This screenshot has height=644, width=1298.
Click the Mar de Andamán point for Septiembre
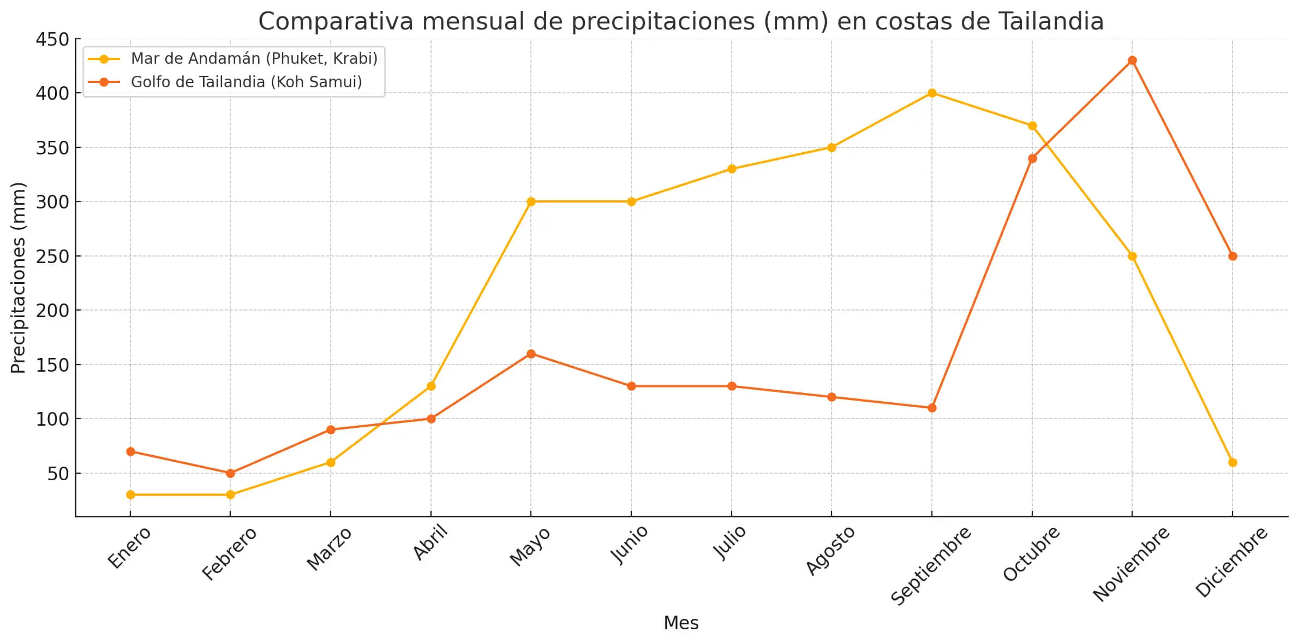tap(932, 93)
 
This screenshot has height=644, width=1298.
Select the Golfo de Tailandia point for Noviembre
tap(1132, 60)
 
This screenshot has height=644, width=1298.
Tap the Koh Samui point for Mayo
tap(531, 354)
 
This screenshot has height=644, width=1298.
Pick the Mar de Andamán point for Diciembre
tap(1233, 462)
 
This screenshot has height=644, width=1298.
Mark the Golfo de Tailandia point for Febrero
tap(230, 473)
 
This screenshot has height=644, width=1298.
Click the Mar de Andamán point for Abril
tap(431, 386)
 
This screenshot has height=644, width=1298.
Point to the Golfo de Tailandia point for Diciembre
tap(1233, 256)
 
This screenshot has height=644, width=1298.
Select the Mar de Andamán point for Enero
tap(130, 494)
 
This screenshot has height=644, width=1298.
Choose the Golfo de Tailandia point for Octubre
tap(1032, 158)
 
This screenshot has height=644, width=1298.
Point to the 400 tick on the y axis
tap(52, 93)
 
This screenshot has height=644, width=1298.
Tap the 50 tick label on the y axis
tap(58, 474)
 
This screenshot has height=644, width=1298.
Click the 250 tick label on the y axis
tap(52, 257)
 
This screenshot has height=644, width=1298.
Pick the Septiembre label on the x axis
tap(931, 565)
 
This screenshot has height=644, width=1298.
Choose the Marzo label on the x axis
tap(329, 549)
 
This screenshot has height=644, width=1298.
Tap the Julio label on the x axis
tap(729, 542)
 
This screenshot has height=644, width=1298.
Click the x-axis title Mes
tap(681, 623)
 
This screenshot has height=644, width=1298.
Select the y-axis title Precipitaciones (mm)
tap(18, 277)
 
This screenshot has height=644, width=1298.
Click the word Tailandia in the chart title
tap(1051, 22)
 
